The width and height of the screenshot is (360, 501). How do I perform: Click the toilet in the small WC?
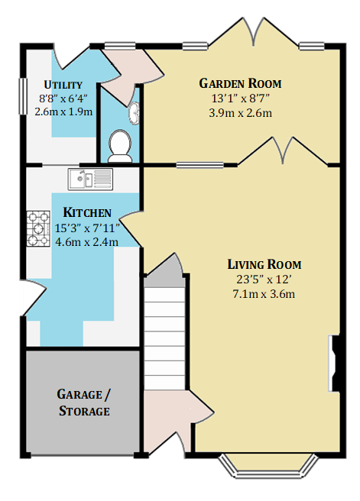click(120, 146)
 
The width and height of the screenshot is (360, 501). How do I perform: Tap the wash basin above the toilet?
click(135, 113)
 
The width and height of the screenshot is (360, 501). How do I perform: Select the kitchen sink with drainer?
click(90, 179)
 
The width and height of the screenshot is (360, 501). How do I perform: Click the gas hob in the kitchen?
click(38, 228)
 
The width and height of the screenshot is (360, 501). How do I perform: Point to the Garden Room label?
click(240, 83)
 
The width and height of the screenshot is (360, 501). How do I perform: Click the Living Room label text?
click(264, 264)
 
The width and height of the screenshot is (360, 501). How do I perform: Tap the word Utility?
click(63, 85)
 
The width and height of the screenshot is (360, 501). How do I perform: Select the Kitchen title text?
click(87, 212)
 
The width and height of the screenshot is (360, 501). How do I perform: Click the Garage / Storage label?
click(84, 402)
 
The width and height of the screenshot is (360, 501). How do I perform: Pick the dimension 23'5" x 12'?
click(264, 280)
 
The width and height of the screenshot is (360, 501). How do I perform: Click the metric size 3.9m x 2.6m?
click(241, 113)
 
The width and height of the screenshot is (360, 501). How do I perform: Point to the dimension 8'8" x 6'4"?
click(63, 99)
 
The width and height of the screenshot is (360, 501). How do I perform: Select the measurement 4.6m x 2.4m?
click(87, 242)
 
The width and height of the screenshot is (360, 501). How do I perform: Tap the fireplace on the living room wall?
click(334, 363)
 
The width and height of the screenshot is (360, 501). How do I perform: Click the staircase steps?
click(164, 338)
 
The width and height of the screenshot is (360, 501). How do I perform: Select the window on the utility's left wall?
click(23, 96)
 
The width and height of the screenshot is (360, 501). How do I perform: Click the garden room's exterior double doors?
click(255, 31)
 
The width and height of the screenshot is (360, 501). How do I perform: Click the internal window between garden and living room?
click(199, 165)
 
